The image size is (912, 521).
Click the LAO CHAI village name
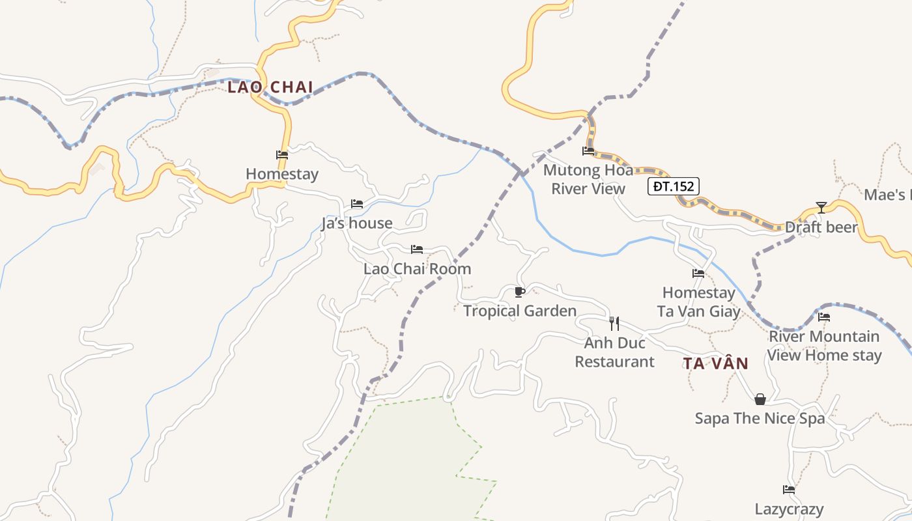pyautogui.click(x=270, y=87)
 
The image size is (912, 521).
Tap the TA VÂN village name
pyautogui.click(x=715, y=363)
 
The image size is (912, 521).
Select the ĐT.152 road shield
pyautogui.click(x=674, y=187)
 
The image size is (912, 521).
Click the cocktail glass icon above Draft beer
pyautogui.click(x=821, y=208)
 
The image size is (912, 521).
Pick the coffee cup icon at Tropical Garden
pyautogui.click(x=519, y=291)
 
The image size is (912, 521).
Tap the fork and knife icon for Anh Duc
pyautogui.click(x=614, y=322)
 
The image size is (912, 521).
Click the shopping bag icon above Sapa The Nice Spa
pyautogui.click(x=760, y=399)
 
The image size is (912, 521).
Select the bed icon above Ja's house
pyautogui.click(x=357, y=204)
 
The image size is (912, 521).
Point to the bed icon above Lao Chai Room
pyautogui.click(x=417, y=249)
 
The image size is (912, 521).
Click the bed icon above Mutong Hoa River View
pyautogui.click(x=588, y=151)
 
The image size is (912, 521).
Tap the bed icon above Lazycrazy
pyautogui.click(x=789, y=490)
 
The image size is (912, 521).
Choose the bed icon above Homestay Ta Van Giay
pyautogui.click(x=698, y=274)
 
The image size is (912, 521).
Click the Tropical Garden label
pyautogui.click(x=520, y=311)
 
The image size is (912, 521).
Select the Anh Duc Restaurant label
pyautogui.click(x=614, y=352)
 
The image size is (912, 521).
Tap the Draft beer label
pyautogui.click(x=821, y=227)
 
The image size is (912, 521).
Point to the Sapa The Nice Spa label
pyautogui.click(x=760, y=418)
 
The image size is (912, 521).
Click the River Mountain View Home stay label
pyautogui.click(x=824, y=346)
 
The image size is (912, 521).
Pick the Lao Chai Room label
pyautogui.click(x=417, y=269)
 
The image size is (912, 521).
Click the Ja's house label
pyautogui.click(x=357, y=223)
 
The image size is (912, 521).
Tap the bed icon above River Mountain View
pyautogui.click(x=824, y=317)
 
